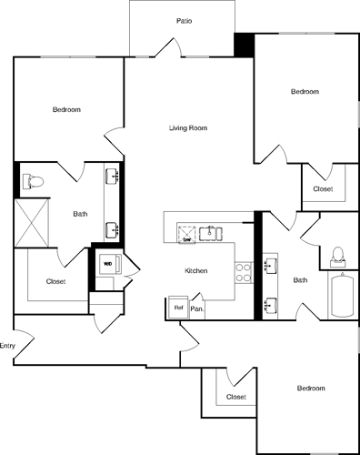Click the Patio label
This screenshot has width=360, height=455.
tap(184, 20)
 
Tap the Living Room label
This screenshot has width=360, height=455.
tap(188, 128)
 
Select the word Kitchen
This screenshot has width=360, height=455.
tap(197, 271)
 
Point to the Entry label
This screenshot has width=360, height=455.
tap(7, 346)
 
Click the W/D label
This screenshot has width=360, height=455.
tap(107, 265)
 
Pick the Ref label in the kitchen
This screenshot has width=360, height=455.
tap(179, 308)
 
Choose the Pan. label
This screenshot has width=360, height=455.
tap(196, 308)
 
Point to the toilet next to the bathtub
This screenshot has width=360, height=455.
tap(338, 255)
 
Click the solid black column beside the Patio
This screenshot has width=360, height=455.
tap(244, 45)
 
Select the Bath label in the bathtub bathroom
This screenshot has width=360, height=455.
tap(300, 280)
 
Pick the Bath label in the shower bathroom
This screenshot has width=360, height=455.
tap(81, 215)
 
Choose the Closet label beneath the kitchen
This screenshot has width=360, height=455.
tap(236, 397)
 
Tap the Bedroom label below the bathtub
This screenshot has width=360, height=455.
tap(311, 389)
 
